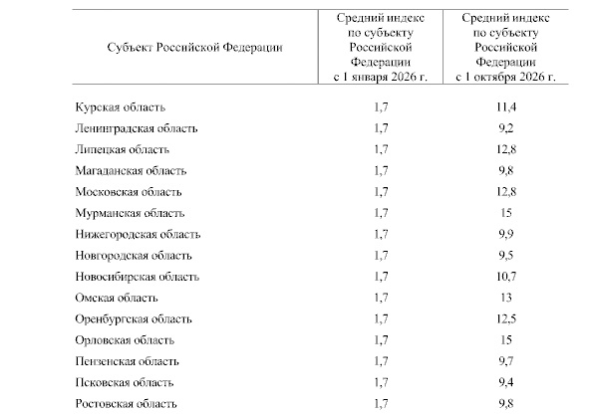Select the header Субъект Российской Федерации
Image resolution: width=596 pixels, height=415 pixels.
pos(189,47)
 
